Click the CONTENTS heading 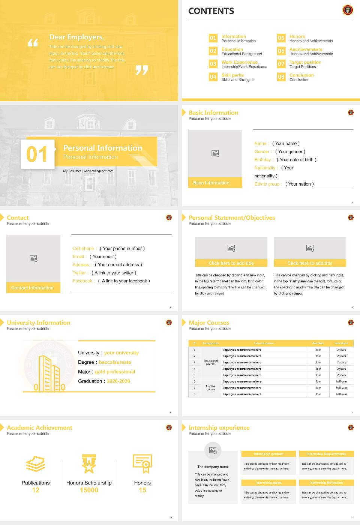(211, 11)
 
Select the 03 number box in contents (213, 64)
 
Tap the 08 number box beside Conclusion (281, 77)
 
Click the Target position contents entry (305, 62)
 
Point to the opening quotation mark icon (33, 43)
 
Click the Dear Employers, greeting (76, 37)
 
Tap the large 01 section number (37, 154)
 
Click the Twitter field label (80, 273)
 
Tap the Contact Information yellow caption (33, 288)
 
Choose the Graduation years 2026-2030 (118, 381)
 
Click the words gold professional (115, 372)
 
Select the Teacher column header (318, 343)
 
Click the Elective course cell (211, 388)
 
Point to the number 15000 (89, 490)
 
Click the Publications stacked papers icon (36, 464)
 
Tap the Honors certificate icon (142, 463)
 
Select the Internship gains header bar (268, 483)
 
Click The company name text (213, 467)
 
